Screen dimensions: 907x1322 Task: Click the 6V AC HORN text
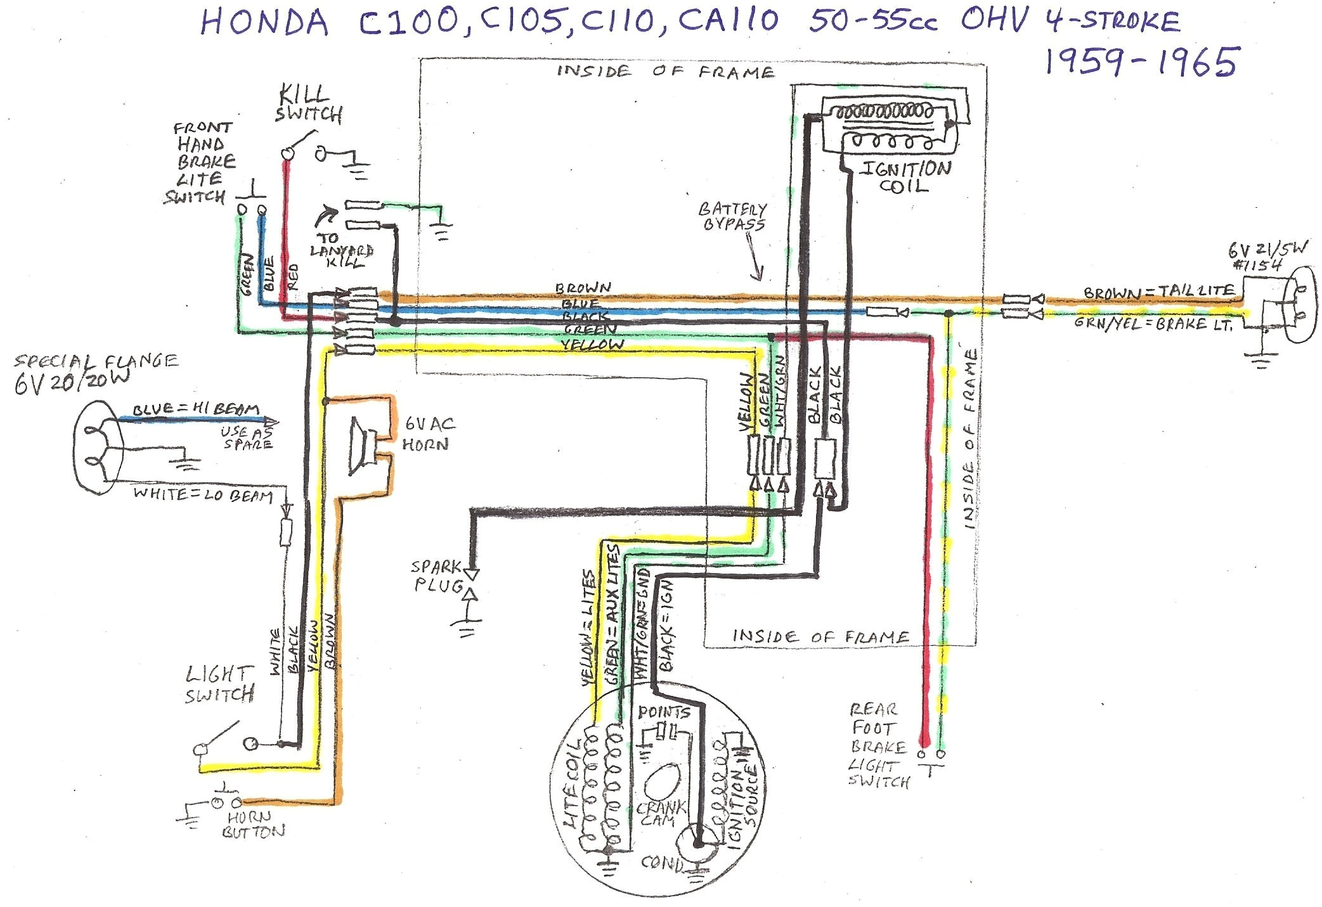click(428, 434)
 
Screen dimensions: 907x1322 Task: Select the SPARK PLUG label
click(437, 576)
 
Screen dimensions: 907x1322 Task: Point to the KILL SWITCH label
click(309, 105)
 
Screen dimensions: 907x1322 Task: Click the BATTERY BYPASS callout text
click(732, 216)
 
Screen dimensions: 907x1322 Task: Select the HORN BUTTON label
click(252, 825)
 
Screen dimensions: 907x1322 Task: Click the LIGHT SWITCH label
click(219, 685)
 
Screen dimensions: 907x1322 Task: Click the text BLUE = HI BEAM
click(196, 409)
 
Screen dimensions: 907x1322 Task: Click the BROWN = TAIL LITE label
click(1158, 292)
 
